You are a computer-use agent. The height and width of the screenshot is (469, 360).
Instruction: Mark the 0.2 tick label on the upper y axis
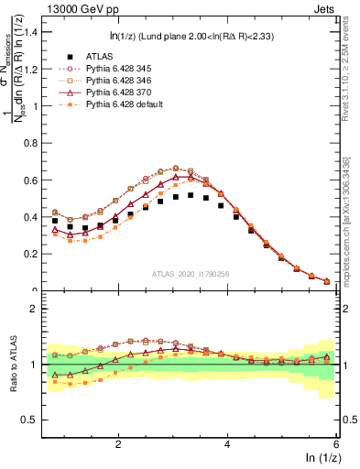click(x=32, y=254)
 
